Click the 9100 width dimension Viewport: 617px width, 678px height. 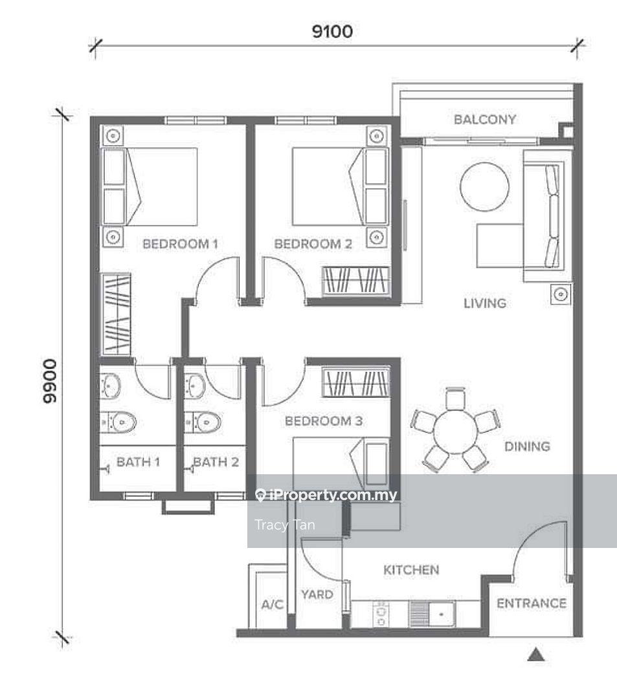332,31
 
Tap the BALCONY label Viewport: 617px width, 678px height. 485,119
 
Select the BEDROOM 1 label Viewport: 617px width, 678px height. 181,244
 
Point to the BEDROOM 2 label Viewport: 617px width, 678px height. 313,244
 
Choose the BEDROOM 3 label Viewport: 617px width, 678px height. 324,421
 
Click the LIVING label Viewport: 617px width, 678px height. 485,303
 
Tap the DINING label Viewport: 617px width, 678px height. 528,446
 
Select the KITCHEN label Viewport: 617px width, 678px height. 412,570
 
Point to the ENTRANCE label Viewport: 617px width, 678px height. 532,603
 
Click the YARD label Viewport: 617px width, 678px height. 317,595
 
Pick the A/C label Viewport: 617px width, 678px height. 273,604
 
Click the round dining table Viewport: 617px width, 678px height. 455,432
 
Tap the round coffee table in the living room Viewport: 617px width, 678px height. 484,187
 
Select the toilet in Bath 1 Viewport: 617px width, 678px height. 118,422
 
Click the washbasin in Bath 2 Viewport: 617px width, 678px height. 195,386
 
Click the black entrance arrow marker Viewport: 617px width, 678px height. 536,655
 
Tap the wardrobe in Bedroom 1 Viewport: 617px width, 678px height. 115,314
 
